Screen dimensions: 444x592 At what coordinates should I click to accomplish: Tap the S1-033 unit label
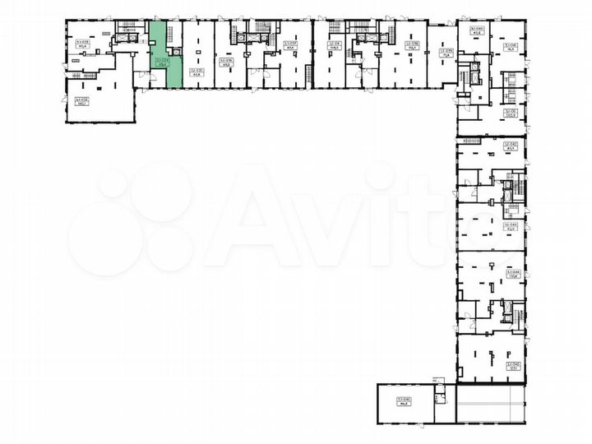click(x=81, y=44)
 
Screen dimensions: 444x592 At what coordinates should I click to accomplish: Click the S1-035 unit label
click(x=196, y=72)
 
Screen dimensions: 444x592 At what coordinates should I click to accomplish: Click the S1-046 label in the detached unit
click(x=404, y=400)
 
